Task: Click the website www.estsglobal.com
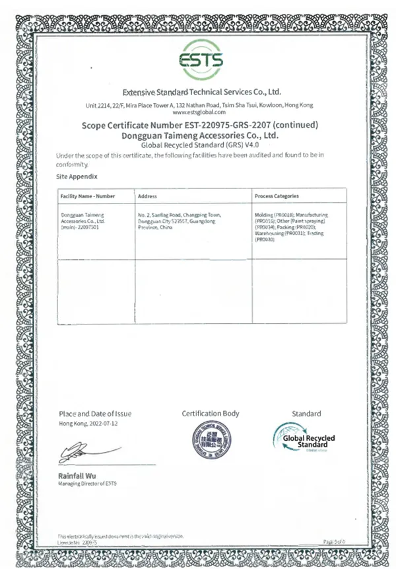click(x=200, y=112)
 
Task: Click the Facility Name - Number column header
click(x=88, y=196)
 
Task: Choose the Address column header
click(x=147, y=196)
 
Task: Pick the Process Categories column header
click(x=277, y=196)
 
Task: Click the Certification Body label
click(x=211, y=414)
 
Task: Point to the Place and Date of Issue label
click(x=95, y=414)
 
